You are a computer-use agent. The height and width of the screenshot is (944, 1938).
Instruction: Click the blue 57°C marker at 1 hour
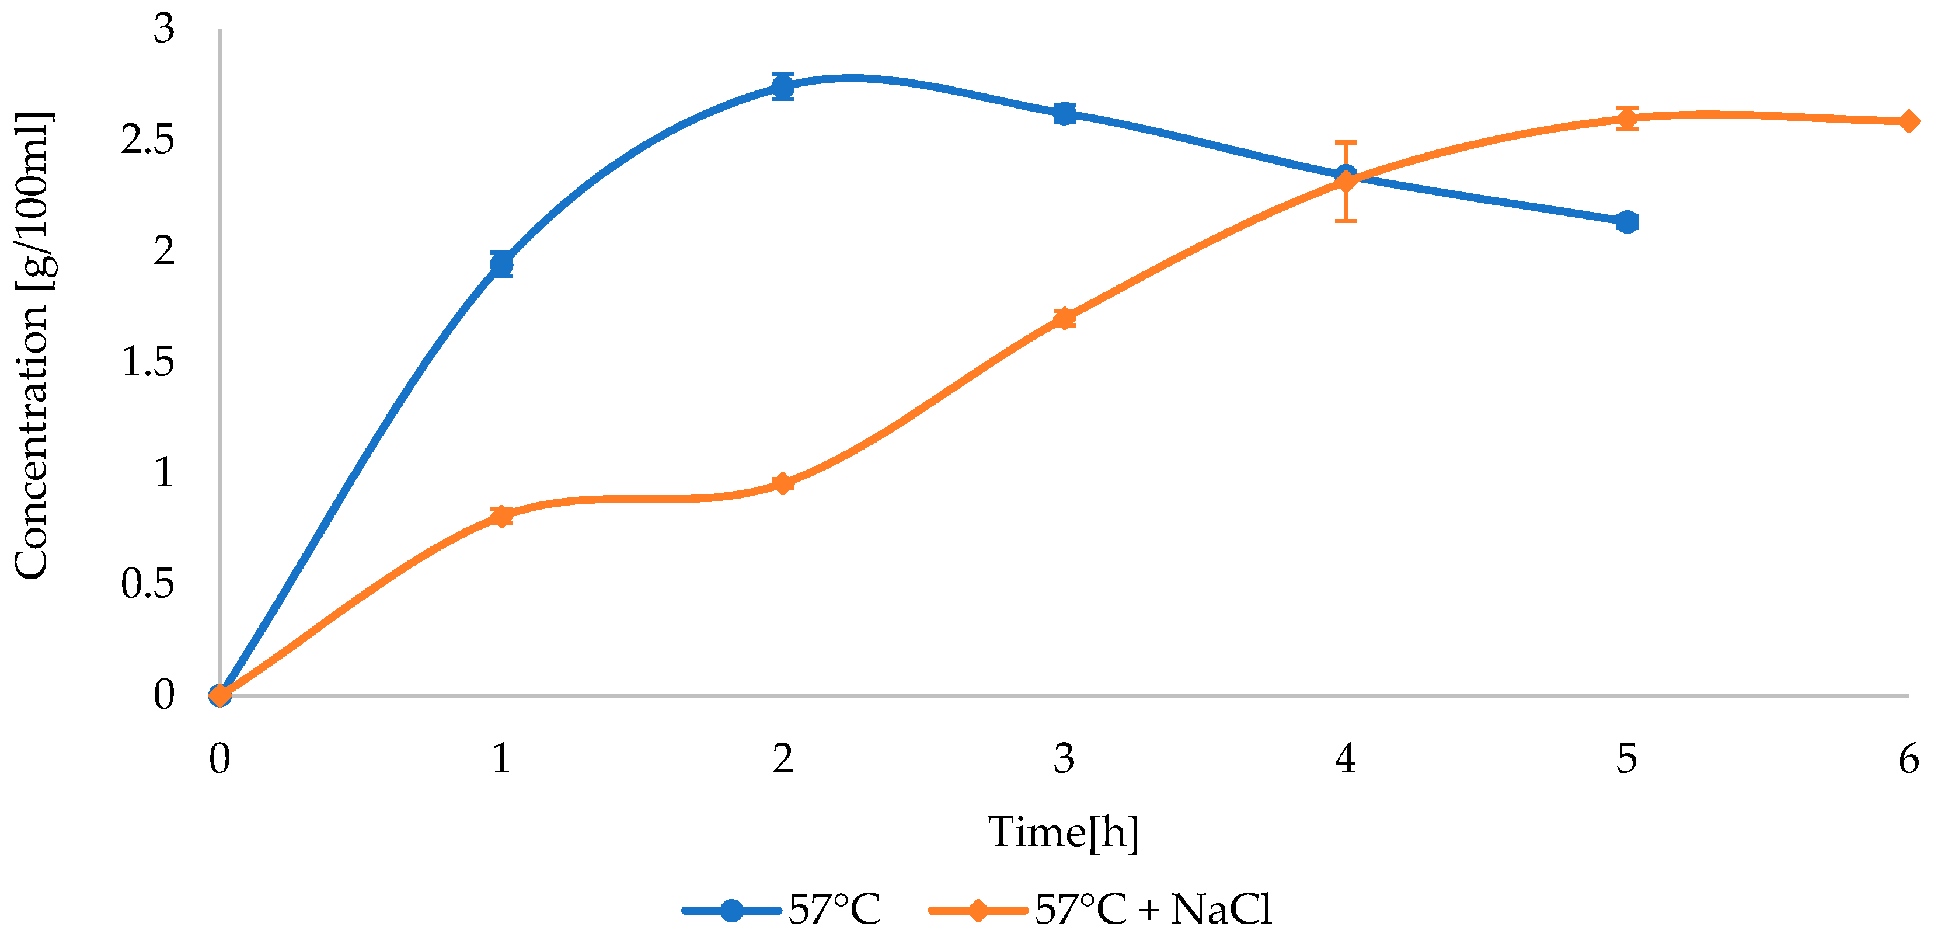501,265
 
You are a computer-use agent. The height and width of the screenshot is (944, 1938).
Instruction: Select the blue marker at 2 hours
782,86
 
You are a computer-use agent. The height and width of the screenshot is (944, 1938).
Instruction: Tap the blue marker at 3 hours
1064,114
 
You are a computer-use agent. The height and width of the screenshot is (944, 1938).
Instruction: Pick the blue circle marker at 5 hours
1626,222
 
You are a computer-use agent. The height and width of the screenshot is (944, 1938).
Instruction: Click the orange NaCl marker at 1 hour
501,516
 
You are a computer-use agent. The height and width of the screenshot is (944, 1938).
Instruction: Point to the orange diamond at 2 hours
782,483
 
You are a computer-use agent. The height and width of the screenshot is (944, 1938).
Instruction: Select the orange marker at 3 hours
1064,318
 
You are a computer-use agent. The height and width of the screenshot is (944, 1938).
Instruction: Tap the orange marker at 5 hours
1626,118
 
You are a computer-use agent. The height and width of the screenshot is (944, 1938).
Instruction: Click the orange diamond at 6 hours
1908,121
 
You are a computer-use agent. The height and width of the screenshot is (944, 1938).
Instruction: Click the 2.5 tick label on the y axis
148,140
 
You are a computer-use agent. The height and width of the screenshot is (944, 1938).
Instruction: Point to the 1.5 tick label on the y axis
148,362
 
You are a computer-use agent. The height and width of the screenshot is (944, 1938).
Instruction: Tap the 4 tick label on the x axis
1345,758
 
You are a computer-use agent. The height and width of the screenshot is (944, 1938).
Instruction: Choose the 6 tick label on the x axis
1908,758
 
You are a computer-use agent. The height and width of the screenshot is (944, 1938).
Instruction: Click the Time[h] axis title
1063,832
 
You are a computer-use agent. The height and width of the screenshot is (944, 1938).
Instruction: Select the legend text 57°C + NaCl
1152,910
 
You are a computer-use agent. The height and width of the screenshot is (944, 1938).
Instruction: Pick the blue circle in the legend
730,910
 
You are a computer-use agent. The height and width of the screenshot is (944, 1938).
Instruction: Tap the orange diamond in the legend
977,910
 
